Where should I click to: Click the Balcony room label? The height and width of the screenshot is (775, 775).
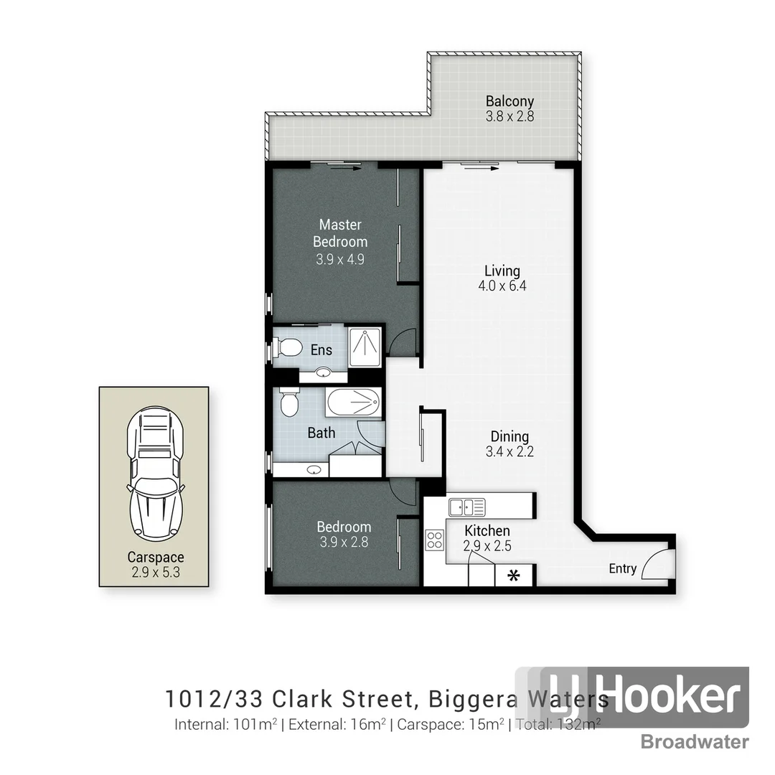[509, 101]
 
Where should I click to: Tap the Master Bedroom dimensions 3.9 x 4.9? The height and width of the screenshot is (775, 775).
[340, 259]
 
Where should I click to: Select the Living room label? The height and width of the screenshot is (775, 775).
[502, 271]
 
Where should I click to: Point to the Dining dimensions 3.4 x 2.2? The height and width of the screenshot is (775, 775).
[509, 452]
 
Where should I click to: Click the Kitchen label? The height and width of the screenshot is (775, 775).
[487, 530]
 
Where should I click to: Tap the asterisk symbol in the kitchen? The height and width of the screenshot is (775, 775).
[514, 576]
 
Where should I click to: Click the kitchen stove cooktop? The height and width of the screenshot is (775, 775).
[434, 540]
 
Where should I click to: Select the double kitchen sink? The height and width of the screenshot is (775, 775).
[466, 507]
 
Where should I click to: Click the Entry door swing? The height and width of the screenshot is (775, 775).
[657, 565]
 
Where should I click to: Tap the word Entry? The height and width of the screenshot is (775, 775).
[622, 568]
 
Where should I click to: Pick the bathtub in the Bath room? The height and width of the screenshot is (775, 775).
[353, 403]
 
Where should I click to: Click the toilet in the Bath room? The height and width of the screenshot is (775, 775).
[288, 403]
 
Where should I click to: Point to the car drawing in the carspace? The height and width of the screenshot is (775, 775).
[154, 474]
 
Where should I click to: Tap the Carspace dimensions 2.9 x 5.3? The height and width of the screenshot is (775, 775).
[156, 573]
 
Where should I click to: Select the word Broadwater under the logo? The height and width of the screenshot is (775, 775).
[694, 742]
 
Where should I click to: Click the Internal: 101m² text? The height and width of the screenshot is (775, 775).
[225, 724]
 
